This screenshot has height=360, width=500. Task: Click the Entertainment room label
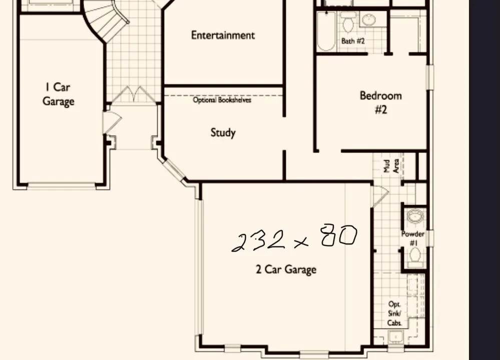(223, 35)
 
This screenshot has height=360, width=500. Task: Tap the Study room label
(223, 132)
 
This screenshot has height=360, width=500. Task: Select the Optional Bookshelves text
(222, 99)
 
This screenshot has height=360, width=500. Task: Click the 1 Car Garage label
(58, 94)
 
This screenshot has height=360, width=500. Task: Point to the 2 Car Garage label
(286, 269)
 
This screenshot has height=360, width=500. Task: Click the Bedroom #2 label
(381, 102)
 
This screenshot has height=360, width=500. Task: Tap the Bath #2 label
(353, 41)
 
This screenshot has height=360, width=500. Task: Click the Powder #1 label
(413, 238)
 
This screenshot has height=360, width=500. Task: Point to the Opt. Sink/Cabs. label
(394, 313)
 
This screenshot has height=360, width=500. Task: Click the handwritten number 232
(258, 241)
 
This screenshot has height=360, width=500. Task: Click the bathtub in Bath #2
(326, 31)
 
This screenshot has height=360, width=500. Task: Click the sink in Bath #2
(369, 20)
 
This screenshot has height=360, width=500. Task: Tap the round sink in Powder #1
(415, 217)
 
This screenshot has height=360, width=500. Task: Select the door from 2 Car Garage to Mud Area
(379, 196)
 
